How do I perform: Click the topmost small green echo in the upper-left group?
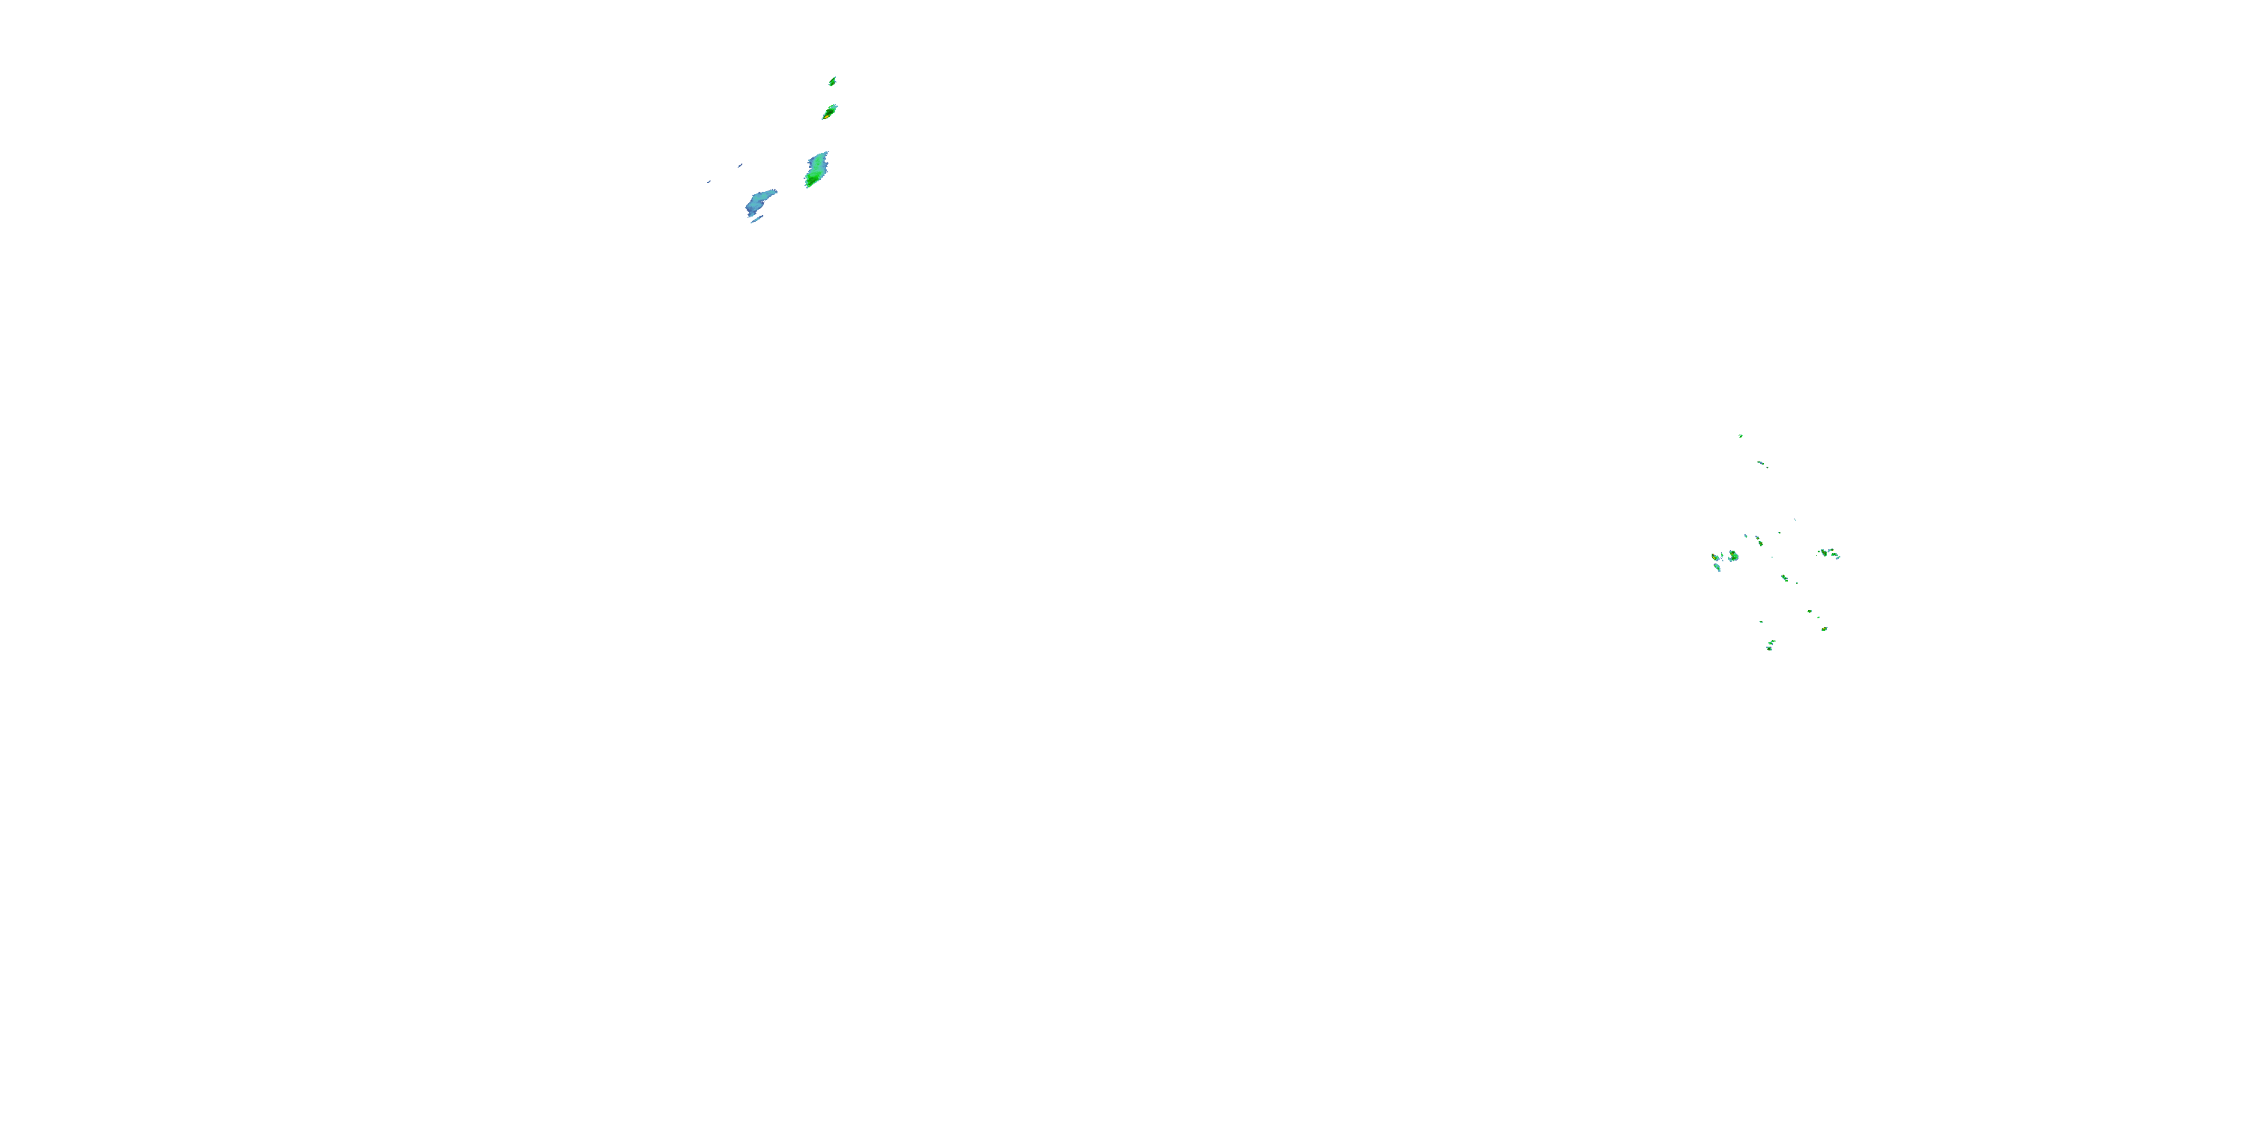click(x=833, y=81)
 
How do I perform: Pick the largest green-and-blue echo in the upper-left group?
click(x=816, y=169)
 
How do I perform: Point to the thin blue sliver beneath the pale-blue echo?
click(x=756, y=220)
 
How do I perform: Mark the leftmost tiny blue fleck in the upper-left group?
click(x=709, y=181)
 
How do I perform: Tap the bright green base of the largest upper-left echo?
click(x=812, y=180)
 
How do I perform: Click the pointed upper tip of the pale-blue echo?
click(x=774, y=192)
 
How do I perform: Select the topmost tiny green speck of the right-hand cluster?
click(x=1740, y=435)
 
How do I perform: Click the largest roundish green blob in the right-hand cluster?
click(x=1733, y=556)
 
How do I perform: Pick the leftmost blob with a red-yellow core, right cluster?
click(x=1715, y=557)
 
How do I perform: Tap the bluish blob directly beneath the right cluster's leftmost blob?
click(x=1717, y=568)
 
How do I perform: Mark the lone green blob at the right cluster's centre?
click(x=1785, y=578)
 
